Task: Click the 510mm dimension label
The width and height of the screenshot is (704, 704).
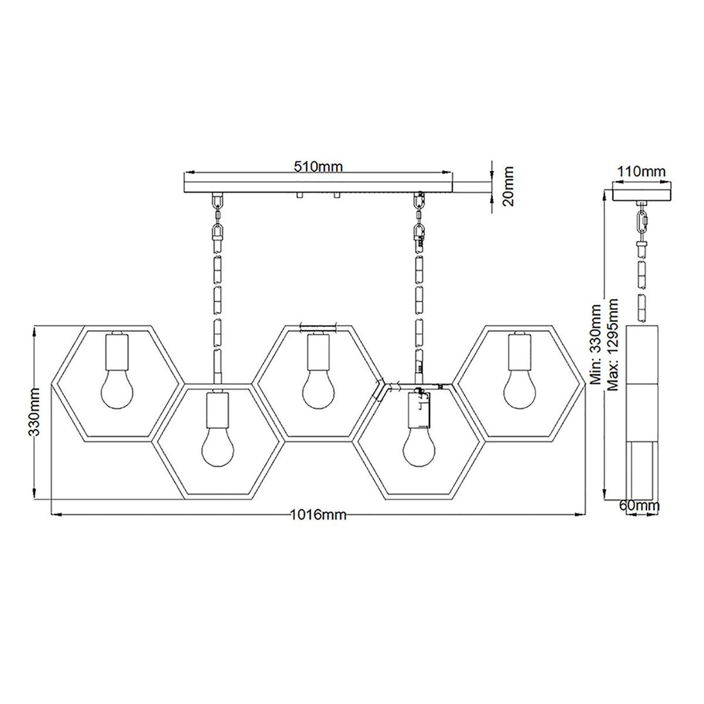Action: (318, 167)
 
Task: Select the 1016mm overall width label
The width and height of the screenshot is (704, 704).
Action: (319, 515)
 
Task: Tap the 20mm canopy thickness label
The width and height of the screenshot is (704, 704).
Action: (508, 186)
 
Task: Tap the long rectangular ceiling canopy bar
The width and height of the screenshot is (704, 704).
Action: (318, 186)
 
